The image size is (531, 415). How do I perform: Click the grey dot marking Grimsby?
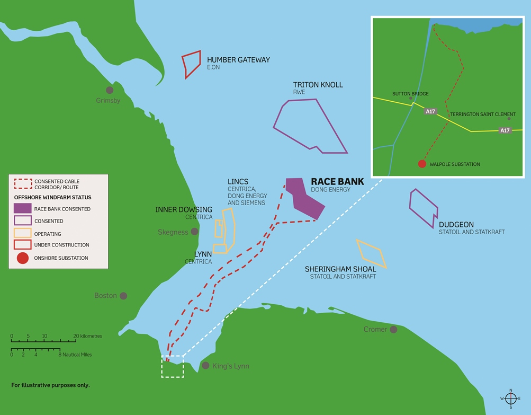[110, 90]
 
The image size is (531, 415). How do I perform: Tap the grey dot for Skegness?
[195, 232]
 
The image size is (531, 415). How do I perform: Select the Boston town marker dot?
[123, 296]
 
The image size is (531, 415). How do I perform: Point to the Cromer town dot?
[393, 330]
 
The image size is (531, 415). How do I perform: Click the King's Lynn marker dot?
[205, 366]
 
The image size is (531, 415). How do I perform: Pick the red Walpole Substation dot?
[422, 164]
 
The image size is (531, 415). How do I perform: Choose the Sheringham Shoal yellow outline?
[371, 253]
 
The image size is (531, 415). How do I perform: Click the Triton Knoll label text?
[318, 85]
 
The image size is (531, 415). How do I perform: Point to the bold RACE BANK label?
[337, 181]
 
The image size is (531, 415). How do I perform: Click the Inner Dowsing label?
[184, 209]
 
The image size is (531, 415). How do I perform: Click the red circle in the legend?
[22, 258]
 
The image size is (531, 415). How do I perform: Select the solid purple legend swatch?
[22, 208]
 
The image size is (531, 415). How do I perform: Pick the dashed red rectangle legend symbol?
[22, 183]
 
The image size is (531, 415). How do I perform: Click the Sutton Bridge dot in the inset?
[410, 98]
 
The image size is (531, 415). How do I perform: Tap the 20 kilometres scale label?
[88, 336]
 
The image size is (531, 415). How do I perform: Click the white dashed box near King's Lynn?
[173, 366]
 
